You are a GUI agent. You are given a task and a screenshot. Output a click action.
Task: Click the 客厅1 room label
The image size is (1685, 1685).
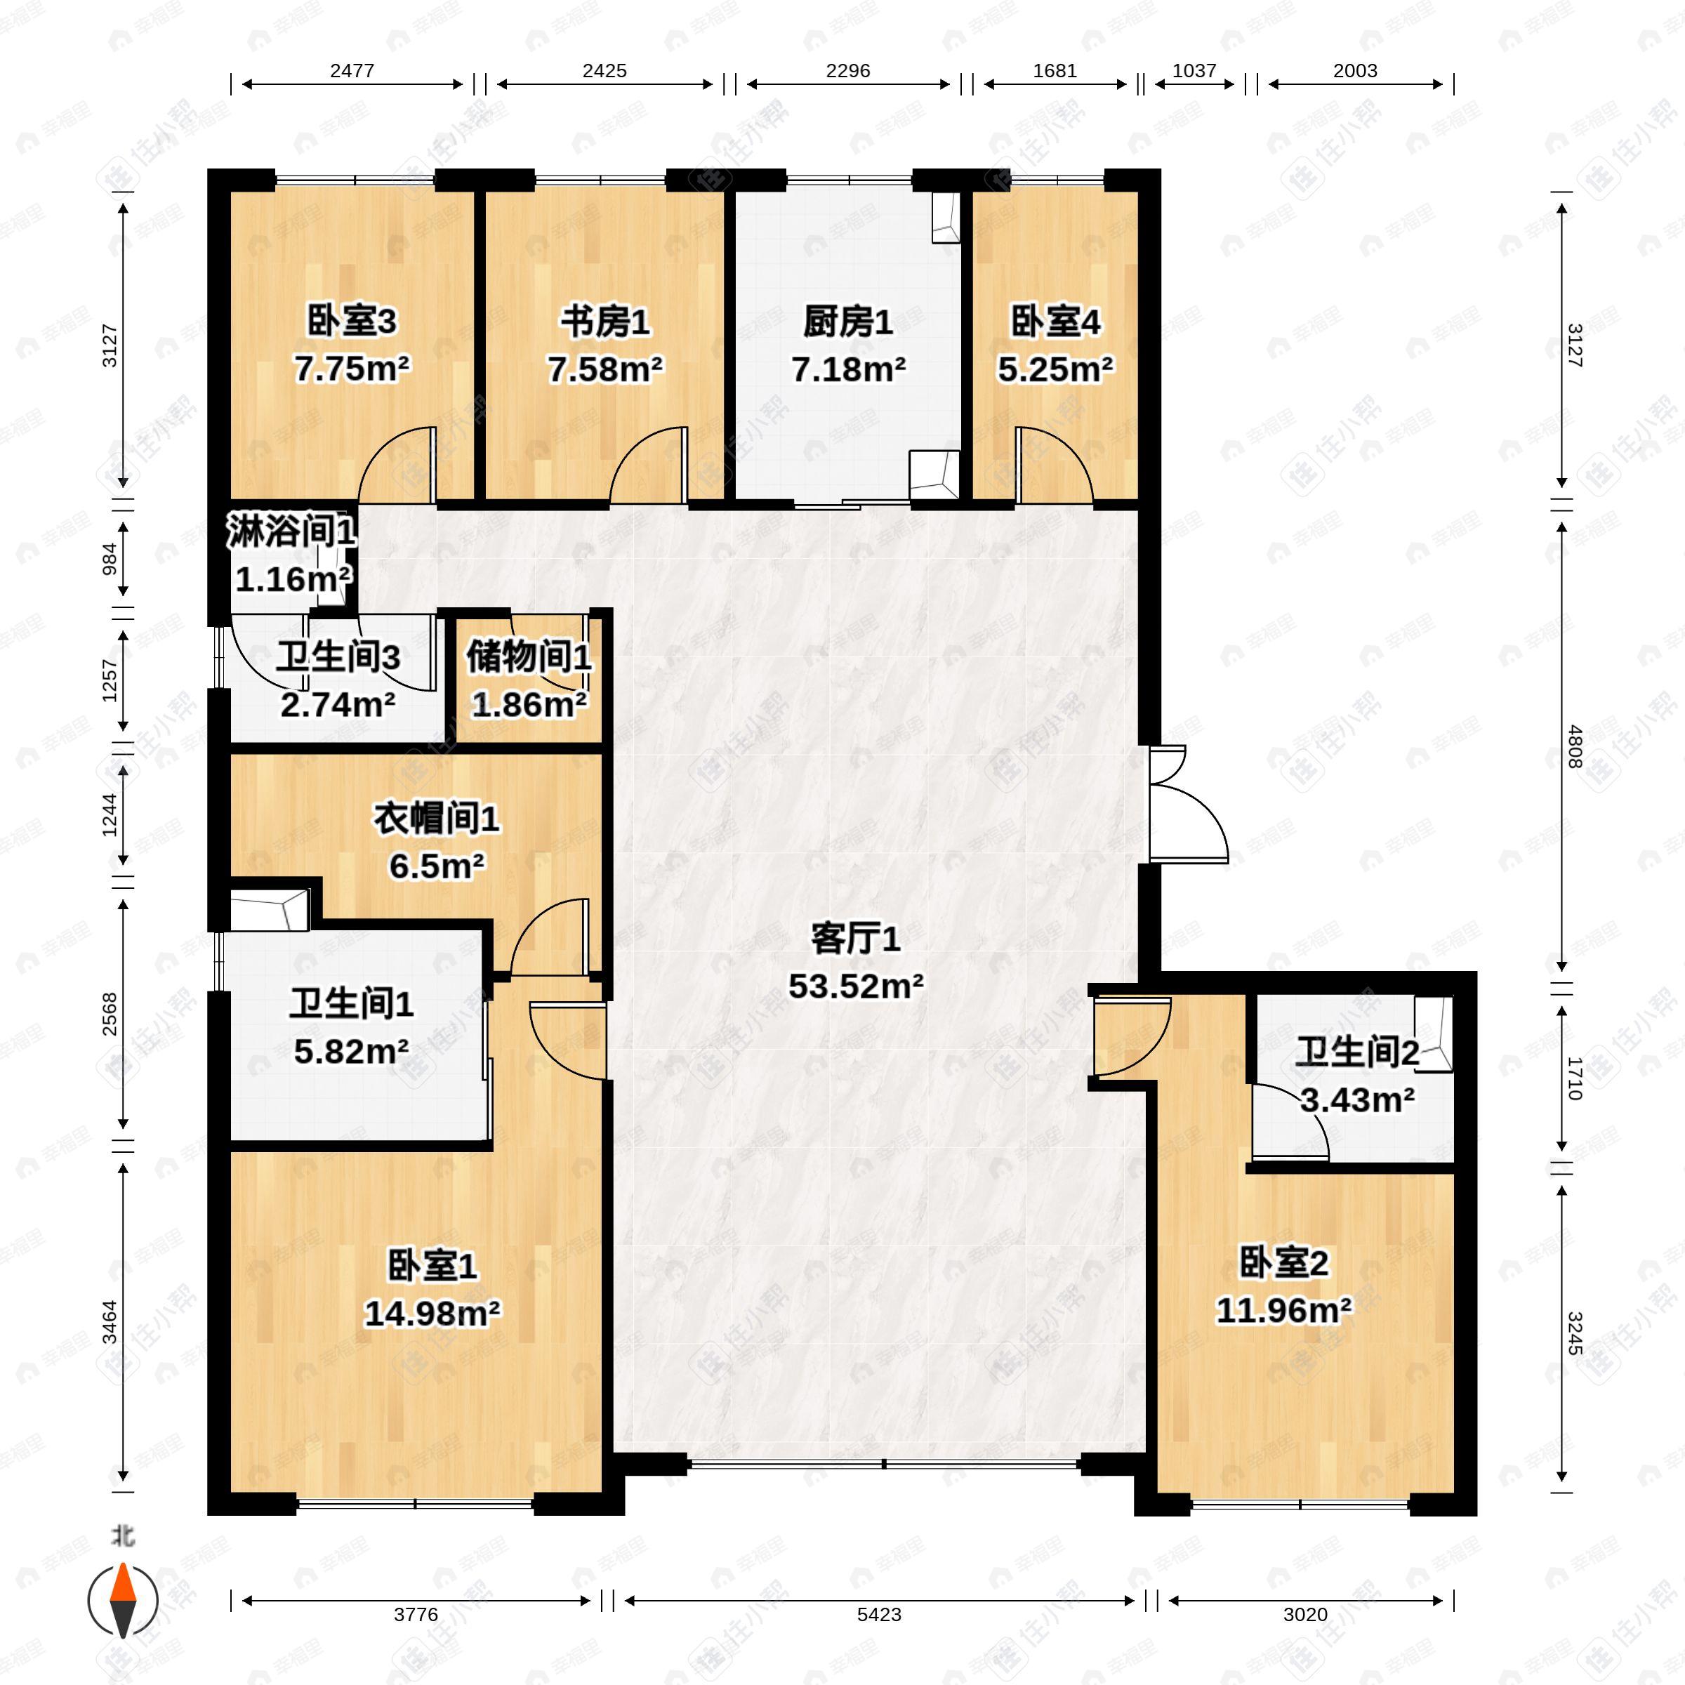pyautogui.click(x=854, y=939)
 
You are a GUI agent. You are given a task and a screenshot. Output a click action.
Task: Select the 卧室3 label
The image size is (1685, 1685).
pyautogui.click(x=352, y=322)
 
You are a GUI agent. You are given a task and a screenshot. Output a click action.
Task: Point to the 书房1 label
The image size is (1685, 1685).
pyautogui.click(x=604, y=323)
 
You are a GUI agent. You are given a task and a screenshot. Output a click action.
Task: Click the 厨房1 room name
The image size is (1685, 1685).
pyautogui.click(x=847, y=323)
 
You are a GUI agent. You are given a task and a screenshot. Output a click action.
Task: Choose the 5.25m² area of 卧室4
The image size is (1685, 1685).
pyautogui.click(x=1055, y=370)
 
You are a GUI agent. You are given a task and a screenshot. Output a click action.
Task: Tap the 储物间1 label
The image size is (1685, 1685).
pyautogui.click(x=529, y=656)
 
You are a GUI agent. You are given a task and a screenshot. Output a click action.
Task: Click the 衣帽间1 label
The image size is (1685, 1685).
pyautogui.click(x=436, y=818)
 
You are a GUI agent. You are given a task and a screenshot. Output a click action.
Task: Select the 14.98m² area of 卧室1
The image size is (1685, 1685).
pyautogui.click(x=432, y=1313)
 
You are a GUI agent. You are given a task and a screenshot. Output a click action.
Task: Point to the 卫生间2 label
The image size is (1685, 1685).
pyautogui.click(x=1356, y=1052)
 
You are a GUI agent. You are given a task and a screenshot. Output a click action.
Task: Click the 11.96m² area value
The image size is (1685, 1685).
pyautogui.click(x=1284, y=1310)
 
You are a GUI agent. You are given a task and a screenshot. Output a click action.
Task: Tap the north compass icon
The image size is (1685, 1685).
pyautogui.click(x=124, y=1601)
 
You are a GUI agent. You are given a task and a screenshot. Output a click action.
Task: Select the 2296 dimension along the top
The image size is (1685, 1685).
pyautogui.click(x=847, y=71)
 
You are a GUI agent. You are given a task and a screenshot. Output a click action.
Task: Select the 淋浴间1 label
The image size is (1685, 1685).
pyautogui.click(x=291, y=531)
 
